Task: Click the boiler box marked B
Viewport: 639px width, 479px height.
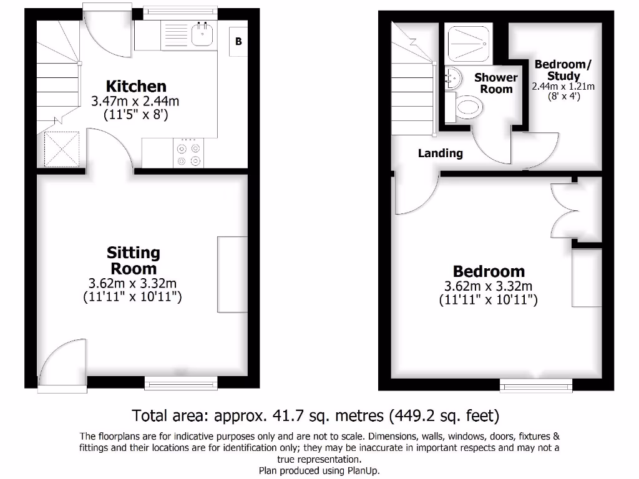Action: click(238, 42)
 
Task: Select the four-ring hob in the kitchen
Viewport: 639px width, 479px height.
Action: click(189, 154)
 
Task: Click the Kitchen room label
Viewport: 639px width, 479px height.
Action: click(136, 86)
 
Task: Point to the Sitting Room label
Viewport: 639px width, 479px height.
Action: click(133, 261)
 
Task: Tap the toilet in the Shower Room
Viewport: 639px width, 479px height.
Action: click(469, 107)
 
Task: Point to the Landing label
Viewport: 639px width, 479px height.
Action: click(441, 153)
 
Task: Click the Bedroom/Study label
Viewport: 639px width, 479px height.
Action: click(563, 70)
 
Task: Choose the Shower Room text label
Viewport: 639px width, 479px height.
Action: click(496, 83)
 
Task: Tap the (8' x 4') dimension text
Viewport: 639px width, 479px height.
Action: click(563, 97)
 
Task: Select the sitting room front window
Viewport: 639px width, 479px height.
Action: click(182, 382)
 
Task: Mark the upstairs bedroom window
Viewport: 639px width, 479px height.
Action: click(537, 387)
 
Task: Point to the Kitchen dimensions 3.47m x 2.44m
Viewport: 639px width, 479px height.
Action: click(136, 100)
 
